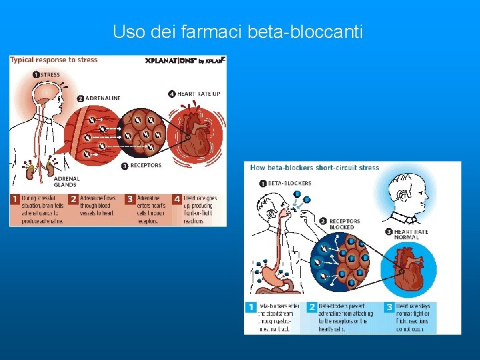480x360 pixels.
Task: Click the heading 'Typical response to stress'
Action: tap(53, 59)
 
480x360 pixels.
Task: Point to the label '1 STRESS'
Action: tap(47, 74)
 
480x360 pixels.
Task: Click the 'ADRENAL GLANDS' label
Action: tap(66, 181)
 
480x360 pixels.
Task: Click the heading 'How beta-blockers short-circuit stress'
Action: tap(314, 167)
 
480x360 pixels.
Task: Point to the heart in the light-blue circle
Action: tap(407, 269)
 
